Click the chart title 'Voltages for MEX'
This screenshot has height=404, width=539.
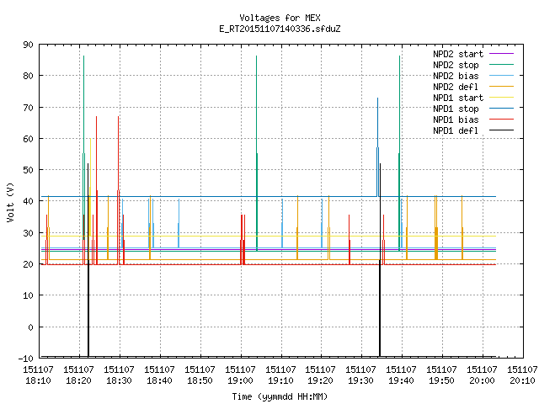(x=280, y=18)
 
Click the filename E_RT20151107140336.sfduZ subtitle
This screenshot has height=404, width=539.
(x=280, y=29)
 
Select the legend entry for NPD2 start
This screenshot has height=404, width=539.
(x=473, y=54)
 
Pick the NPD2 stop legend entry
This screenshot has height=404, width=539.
(x=473, y=65)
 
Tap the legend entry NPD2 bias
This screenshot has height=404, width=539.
(x=473, y=76)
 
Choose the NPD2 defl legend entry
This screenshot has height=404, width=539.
(x=473, y=87)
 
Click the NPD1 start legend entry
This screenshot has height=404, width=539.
(x=473, y=98)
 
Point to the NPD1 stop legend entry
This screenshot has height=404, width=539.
(x=473, y=109)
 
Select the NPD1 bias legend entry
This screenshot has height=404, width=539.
(x=473, y=120)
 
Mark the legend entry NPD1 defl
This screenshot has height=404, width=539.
(x=473, y=131)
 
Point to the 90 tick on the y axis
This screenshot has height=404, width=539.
(x=28, y=45)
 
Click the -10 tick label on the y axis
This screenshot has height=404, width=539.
(x=26, y=358)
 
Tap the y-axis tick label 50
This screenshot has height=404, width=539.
(x=28, y=170)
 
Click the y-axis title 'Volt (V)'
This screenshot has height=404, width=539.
(x=11, y=202)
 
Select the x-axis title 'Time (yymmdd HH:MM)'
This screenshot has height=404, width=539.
(x=280, y=396)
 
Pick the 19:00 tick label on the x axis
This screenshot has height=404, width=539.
(x=240, y=375)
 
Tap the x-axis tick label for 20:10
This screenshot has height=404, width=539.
(x=522, y=375)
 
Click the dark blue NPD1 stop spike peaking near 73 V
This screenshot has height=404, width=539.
(x=377, y=147)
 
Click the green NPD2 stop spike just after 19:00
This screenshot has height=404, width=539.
(x=256, y=153)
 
